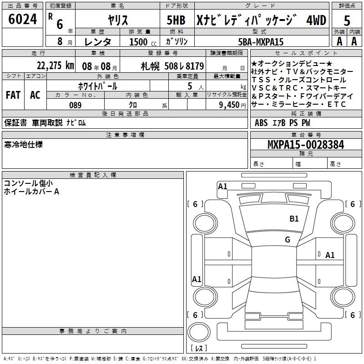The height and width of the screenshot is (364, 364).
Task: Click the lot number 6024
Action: pyautogui.click(x=22, y=19)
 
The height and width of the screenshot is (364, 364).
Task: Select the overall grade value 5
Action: pyautogui.click(x=347, y=20)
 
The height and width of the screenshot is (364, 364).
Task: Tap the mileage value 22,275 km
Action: pyautogui.click(x=55, y=66)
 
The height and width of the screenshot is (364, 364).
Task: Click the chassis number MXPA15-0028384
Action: pyautogui.click(x=306, y=145)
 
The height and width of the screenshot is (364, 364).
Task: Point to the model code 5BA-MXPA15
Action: pyautogui.click(x=261, y=42)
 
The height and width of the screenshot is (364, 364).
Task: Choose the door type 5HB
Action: pyautogui.click(x=176, y=20)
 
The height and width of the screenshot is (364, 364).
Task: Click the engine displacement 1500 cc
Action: pyautogui.click(x=143, y=42)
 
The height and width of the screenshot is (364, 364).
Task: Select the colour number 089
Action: pyautogui.click(x=75, y=105)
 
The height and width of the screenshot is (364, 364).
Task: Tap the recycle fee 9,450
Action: pyautogui.click(x=229, y=105)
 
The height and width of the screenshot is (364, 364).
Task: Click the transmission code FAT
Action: pyautogui.click(x=13, y=95)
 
